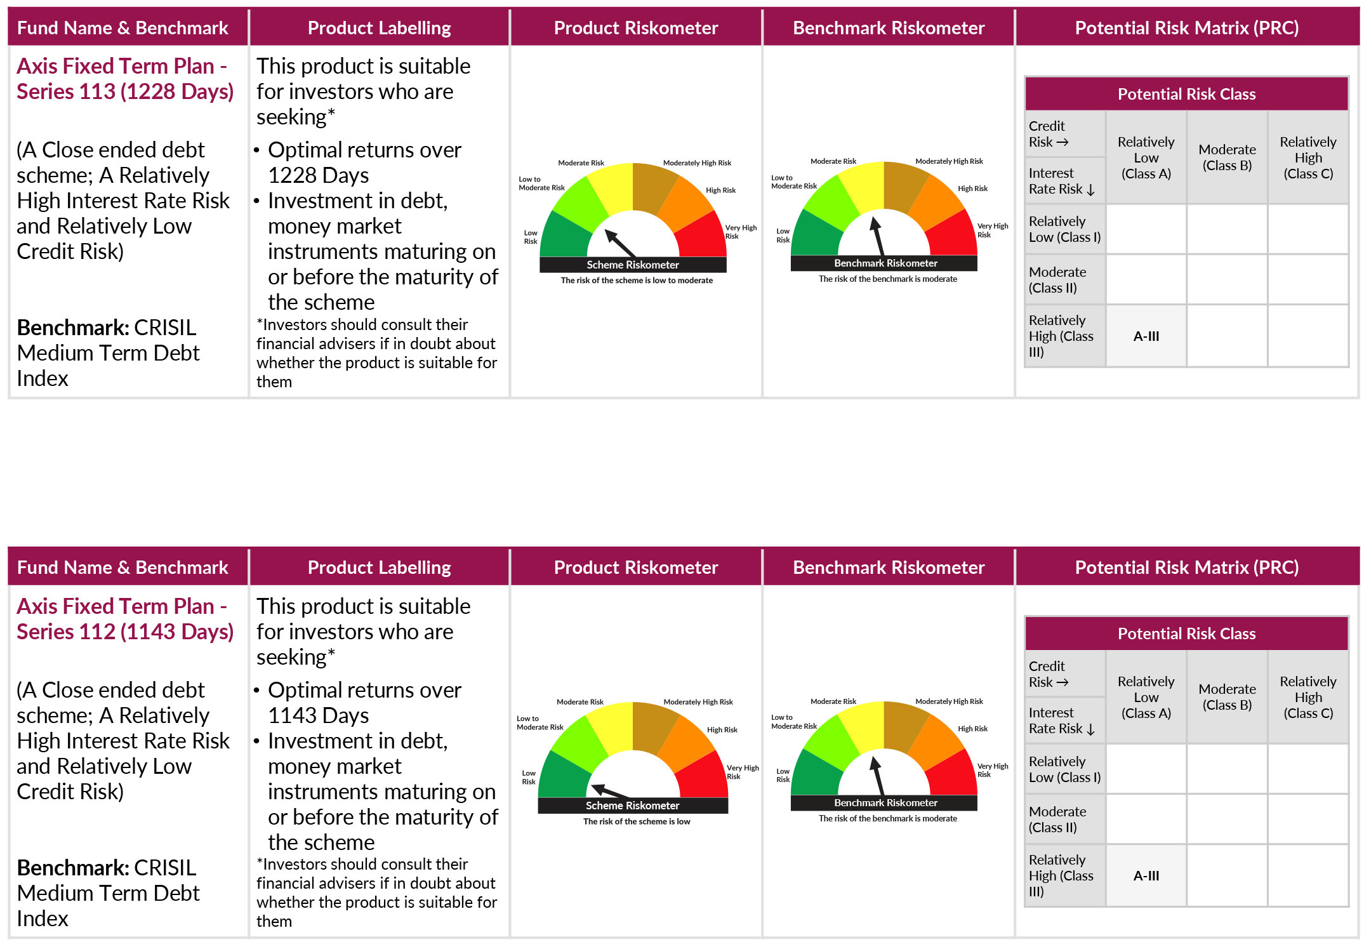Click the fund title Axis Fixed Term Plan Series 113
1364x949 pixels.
[x=124, y=79]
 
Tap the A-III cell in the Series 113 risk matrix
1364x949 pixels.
[x=1146, y=336]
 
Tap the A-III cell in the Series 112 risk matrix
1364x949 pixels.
[x=1146, y=876]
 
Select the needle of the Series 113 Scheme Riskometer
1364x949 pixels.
[x=620, y=243]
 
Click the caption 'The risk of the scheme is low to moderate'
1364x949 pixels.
[x=636, y=281]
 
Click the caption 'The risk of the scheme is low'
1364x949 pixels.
[x=636, y=821]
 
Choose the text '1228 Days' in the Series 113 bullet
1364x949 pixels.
[x=318, y=176]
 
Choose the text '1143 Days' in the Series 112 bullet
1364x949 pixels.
[x=318, y=716]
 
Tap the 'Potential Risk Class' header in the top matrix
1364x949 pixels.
[x=1186, y=95]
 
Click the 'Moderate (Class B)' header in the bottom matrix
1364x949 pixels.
[x=1226, y=697]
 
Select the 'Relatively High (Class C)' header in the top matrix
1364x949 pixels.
[x=1308, y=157]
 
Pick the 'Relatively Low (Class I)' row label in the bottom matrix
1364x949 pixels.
[x=1064, y=769]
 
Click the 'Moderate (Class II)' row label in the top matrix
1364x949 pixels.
[x=1057, y=280]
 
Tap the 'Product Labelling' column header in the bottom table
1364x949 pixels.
[x=379, y=567]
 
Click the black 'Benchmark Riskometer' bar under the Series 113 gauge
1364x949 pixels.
[x=885, y=263]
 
